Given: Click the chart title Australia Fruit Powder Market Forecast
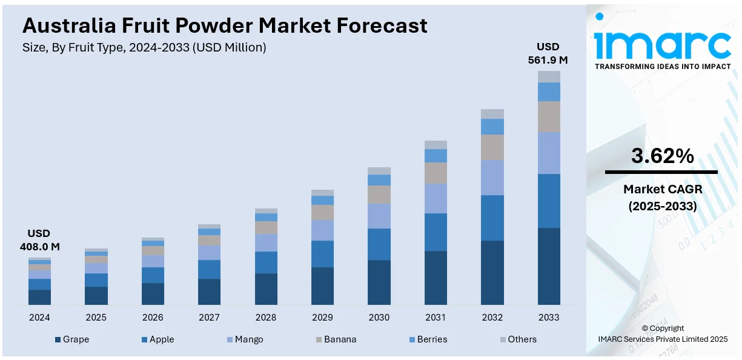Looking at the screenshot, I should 225,25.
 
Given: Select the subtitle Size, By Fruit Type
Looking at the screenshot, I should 144,47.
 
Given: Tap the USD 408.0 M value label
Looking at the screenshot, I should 39,240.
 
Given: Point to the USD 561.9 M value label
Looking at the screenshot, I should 548,53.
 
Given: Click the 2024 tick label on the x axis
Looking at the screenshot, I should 39,317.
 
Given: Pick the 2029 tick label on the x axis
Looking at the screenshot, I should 322,317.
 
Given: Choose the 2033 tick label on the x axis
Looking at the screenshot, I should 549,317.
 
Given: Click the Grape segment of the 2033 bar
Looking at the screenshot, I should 549,266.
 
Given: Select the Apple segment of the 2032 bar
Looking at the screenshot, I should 492,218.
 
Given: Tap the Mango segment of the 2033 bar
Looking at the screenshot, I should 549,153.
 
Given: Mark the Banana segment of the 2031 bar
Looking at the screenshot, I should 436,173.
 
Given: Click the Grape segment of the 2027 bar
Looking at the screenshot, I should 209,292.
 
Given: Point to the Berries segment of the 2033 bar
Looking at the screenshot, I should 549,92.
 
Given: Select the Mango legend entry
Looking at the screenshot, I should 245,339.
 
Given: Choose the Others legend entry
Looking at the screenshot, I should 518,339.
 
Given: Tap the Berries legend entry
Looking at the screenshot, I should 427,339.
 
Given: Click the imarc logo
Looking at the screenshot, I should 663,42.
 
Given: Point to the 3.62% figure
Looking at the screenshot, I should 662,156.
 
